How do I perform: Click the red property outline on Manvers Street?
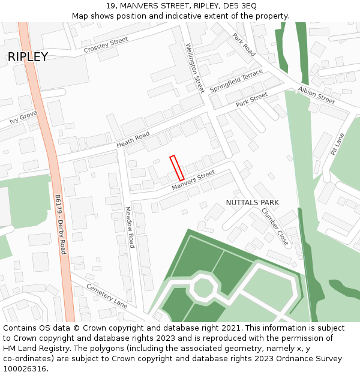pyautogui.click(x=176, y=168)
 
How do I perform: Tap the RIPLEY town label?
pyautogui.click(x=28, y=57)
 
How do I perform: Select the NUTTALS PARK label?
pyautogui.click(x=252, y=203)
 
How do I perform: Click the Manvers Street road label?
pyautogui.click(x=193, y=181)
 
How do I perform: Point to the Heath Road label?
pyautogui.click(x=133, y=140)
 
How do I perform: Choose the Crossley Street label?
pyautogui.click(x=106, y=44)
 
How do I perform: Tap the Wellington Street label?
pyautogui.click(x=195, y=68)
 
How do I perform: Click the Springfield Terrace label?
pyautogui.click(x=236, y=80)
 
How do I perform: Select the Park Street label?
pyautogui.click(x=251, y=100)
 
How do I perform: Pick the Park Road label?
pyautogui.click(x=244, y=44)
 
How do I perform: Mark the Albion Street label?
pyautogui.click(x=316, y=95)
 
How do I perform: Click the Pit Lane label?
pyautogui.click(x=337, y=144)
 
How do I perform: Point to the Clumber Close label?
pyautogui.click(x=275, y=227)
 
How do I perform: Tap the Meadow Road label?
pyautogui.click(x=129, y=227)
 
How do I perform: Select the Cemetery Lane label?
pyautogui.click(x=107, y=296)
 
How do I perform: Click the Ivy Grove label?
pyautogui.click(x=23, y=117)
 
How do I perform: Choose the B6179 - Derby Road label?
pyautogui.click(x=60, y=224)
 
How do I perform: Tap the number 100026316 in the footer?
pyautogui.click(x=25, y=368)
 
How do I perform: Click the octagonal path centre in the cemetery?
pyautogui.click(x=203, y=289)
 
